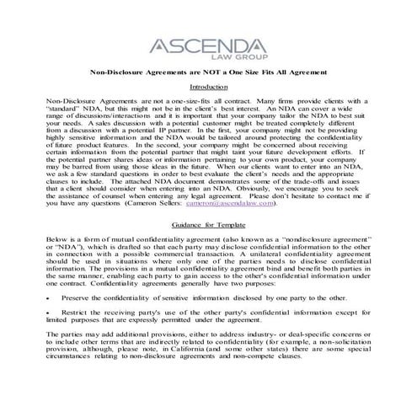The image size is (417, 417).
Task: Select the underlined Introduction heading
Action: pos(209,87)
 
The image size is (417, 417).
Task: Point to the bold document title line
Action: pos(208,73)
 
